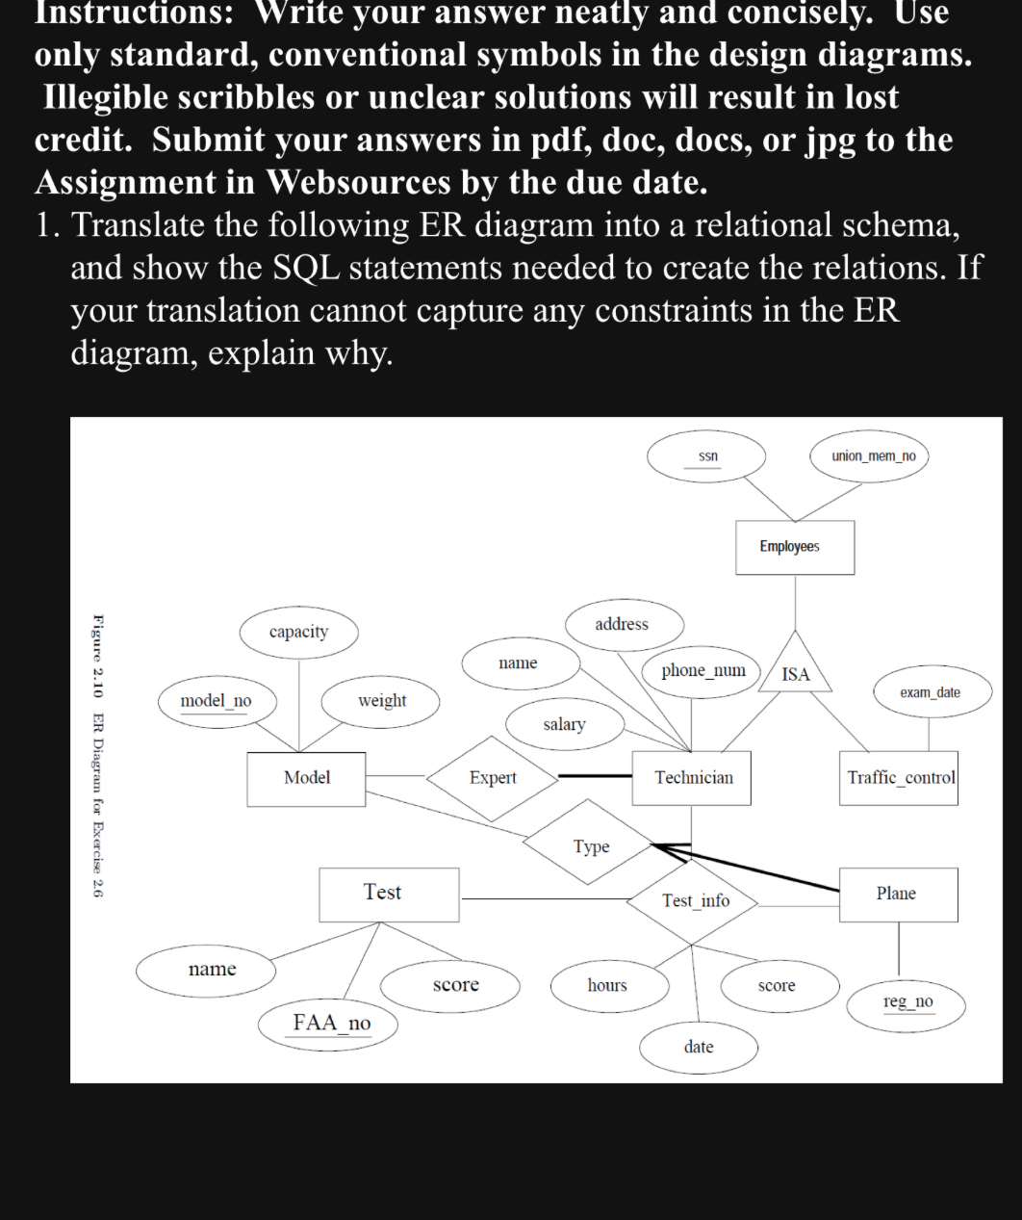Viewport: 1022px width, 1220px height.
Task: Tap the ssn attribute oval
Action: coord(707,455)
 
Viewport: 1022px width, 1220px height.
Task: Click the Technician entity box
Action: coord(693,777)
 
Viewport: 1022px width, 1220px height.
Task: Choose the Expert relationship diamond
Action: coord(493,777)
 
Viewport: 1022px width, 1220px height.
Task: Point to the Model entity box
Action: coord(306,777)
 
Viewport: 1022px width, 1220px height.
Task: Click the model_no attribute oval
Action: coord(216,701)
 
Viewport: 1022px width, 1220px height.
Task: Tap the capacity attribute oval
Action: coord(298,632)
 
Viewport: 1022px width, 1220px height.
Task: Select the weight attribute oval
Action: coord(382,701)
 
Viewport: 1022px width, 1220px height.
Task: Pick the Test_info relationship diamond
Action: coord(695,900)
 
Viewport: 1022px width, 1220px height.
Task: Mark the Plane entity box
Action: coord(896,894)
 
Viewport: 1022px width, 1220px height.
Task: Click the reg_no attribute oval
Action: coord(907,1002)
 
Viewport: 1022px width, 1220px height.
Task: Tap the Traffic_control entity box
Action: coord(901,777)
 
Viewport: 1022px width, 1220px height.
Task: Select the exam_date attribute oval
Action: coord(930,692)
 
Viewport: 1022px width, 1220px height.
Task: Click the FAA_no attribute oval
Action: coord(330,1023)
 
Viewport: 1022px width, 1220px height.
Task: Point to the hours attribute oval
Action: coord(607,985)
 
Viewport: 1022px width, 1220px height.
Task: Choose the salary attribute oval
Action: coord(564,724)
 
